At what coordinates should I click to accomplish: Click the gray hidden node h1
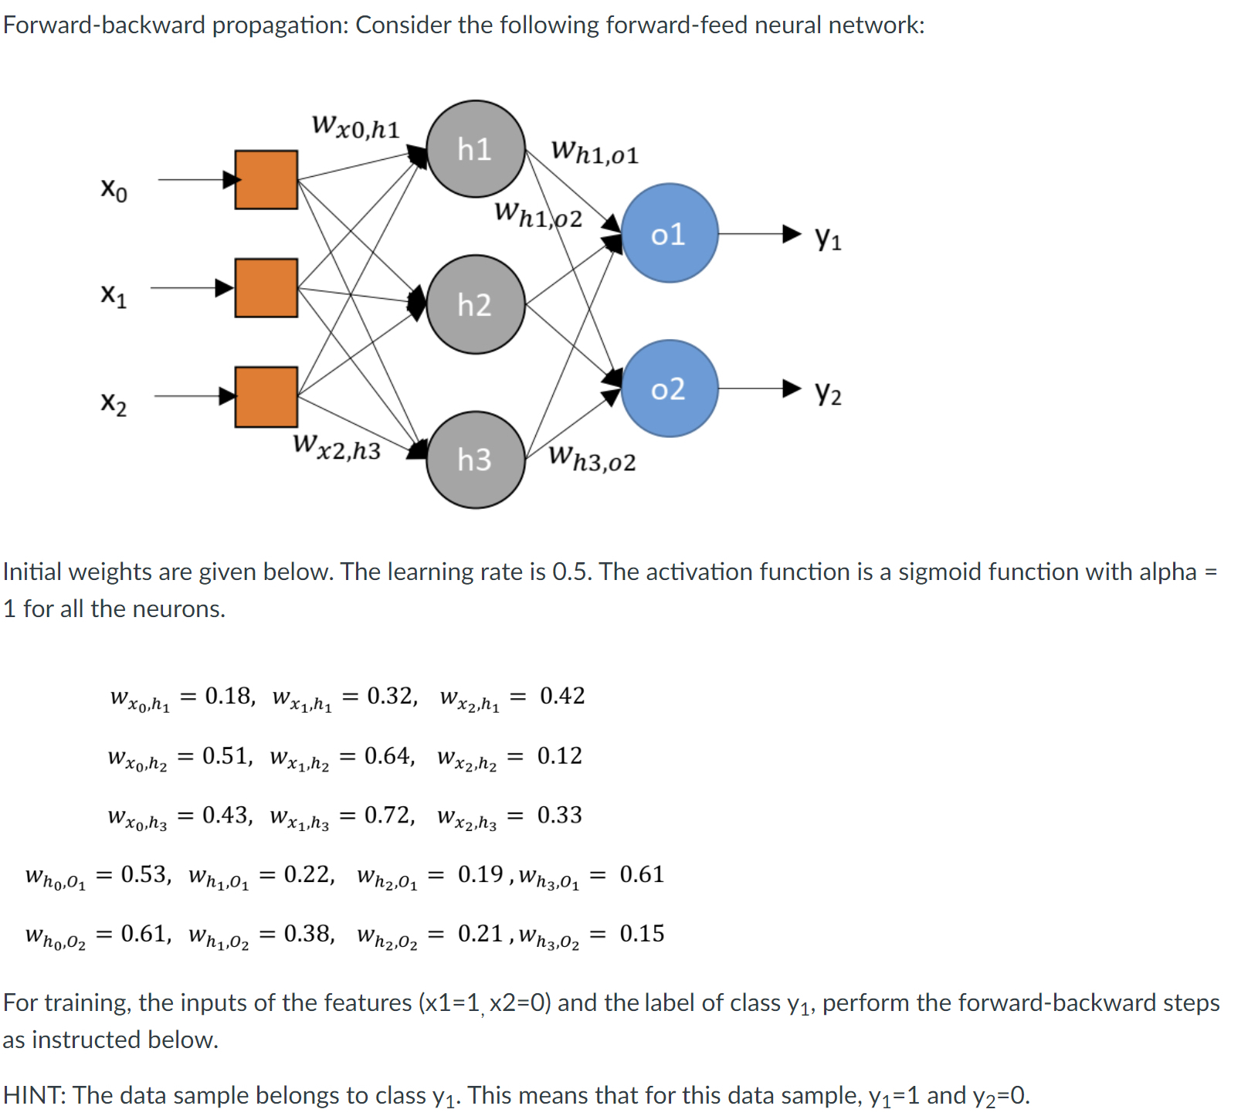point(476,149)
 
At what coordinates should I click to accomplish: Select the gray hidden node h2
point(476,304)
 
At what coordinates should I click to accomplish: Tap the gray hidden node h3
point(476,460)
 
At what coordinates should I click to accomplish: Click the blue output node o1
point(669,233)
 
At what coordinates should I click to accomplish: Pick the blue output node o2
point(669,388)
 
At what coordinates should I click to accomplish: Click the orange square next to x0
point(266,180)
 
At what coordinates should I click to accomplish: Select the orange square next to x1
point(266,288)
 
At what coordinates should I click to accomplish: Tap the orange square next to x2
point(266,397)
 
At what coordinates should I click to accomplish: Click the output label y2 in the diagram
point(828,393)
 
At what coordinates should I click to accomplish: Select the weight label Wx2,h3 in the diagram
point(337,447)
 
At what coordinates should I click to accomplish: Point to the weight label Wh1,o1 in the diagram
point(595,152)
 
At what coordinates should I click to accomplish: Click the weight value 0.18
point(229,696)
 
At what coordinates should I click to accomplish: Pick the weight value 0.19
point(480,874)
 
